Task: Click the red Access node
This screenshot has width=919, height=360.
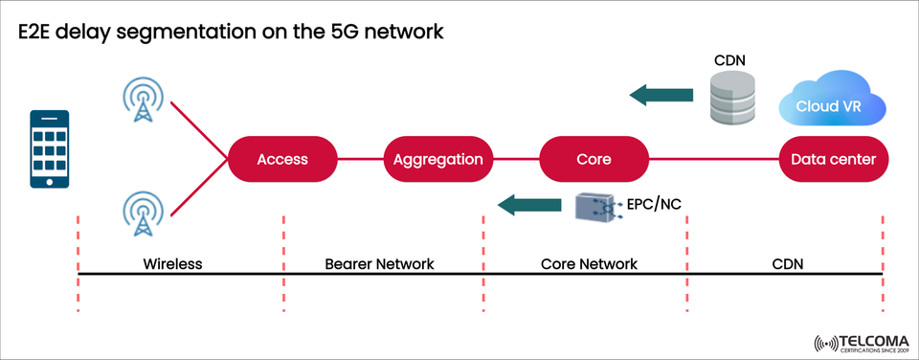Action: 282,159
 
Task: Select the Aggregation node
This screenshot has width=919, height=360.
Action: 438,159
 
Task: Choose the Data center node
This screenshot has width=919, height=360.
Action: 834,159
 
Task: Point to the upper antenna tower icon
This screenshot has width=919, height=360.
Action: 144,101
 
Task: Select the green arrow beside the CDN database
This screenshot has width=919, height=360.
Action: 661,94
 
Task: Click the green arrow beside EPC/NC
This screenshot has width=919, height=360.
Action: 530,203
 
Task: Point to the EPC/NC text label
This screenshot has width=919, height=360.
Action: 656,203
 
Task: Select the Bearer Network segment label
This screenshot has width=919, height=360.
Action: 379,263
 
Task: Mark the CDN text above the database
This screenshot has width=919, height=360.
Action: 729,60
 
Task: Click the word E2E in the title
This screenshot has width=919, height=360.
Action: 45,32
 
